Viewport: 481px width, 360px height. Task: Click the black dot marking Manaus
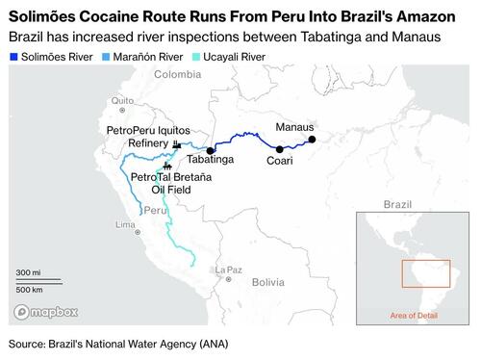[x=311, y=139]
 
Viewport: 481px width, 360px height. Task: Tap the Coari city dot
[x=279, y=148]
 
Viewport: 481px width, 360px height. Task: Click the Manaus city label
[x=294, y=127]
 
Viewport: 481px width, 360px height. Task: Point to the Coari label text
[x=280, y=162]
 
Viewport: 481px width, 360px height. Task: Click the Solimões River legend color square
[x=13, y=57]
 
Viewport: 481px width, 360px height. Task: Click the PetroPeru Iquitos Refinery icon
[x=177, y=143]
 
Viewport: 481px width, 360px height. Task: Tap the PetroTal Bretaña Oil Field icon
[x=169, y=166]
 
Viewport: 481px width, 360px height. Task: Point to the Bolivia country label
[x=269, y=282]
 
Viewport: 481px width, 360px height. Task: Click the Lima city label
[x=126, y=224]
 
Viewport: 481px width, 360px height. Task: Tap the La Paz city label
[x=229, y=269]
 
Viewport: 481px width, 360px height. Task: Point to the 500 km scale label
[x=30, y=289]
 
